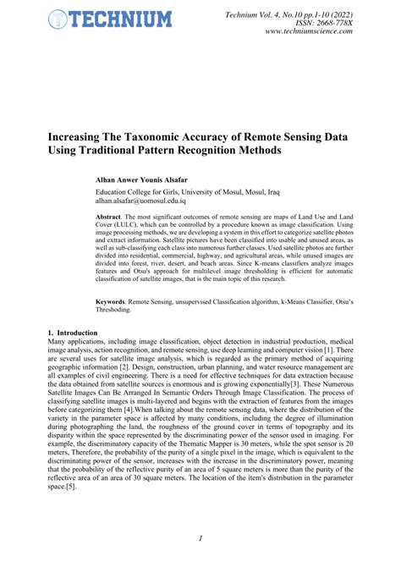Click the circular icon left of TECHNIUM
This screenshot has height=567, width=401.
click(58, 19)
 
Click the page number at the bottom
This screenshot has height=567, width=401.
click(200, 539)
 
